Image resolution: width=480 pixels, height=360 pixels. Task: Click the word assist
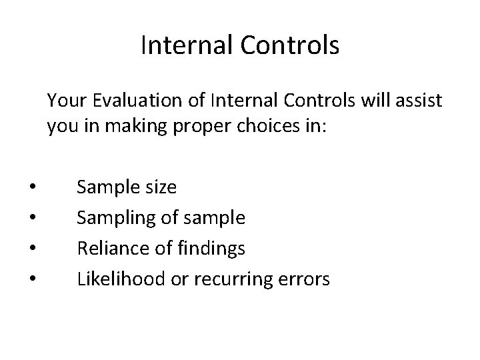click(x=418, y=102)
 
